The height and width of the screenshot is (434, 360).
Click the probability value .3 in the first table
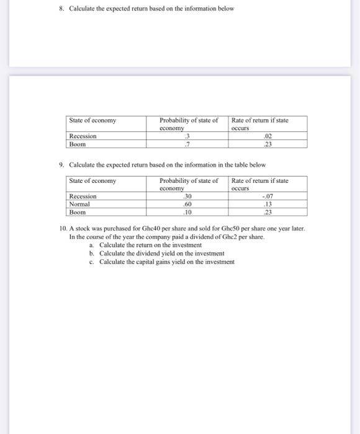point(180,136)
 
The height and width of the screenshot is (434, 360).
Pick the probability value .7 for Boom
point(180,144)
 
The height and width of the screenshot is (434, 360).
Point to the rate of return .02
point(268,136)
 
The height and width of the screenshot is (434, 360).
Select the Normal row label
point(79,204)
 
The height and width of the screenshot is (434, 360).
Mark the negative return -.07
point(268,197)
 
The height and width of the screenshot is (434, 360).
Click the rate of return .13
point(268,204)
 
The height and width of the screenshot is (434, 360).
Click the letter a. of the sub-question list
point(92,246)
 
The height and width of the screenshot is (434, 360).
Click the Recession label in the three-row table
point(83,197)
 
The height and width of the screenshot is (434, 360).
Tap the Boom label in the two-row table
point(78,144)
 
